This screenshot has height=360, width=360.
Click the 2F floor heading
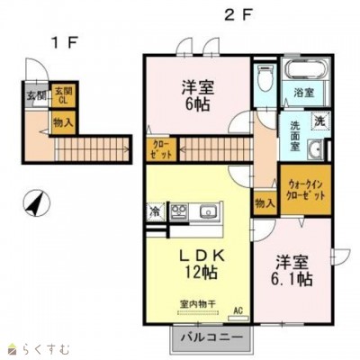(x=236, y=13)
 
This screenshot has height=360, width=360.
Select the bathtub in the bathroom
(x=302, y=73)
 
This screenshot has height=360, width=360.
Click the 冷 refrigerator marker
(x=155, y=213)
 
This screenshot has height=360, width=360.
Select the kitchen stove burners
(x=178, y=212)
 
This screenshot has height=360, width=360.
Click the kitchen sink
(x=206, y=213)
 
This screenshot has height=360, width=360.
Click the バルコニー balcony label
(x=208, y=337)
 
